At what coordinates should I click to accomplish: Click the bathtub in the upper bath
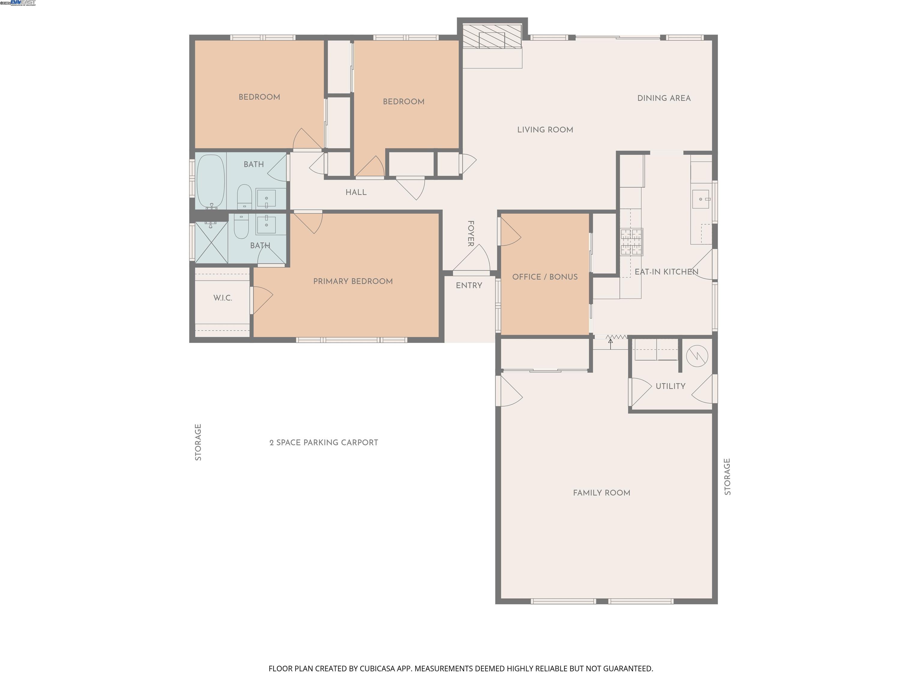(211, 181)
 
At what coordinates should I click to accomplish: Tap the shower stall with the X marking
(211, 242)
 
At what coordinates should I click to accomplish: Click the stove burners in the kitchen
(631, 241)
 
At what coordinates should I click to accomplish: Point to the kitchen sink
(701, 199)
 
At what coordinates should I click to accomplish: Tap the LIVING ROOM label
(545, 130)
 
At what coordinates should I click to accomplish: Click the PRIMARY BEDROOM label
(353, 281)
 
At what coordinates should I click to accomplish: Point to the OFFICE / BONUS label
(544, 277)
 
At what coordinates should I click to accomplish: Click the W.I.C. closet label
(223, 298)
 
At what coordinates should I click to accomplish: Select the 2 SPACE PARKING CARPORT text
(324, 443)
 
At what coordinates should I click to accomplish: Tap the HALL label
(356, 192)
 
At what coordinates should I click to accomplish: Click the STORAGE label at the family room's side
(727, 476)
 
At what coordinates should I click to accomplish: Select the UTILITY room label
(670, 386)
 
